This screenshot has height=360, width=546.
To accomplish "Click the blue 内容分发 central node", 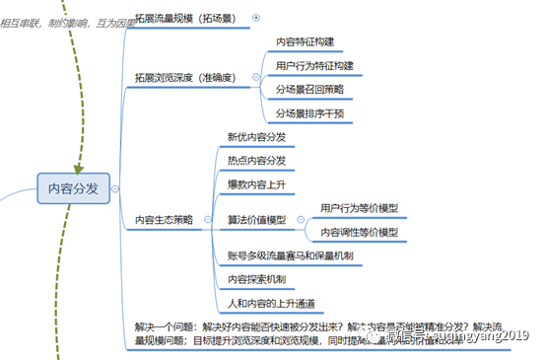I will tap(73, 188).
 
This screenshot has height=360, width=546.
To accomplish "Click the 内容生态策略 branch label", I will tap(167, 220).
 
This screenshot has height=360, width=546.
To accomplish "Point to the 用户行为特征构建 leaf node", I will tap(314, 65).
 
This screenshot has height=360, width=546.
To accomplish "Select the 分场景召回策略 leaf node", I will tap(308, 89).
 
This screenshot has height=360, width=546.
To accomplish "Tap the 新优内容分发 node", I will tap(256, 137).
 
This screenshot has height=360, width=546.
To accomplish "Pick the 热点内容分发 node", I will tap(256, 160).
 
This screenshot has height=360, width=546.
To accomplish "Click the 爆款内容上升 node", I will tap(256, 183).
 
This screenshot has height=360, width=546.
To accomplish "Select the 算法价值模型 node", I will tap(256, 219).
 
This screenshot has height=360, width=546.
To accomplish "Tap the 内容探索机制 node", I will tap(256, 279).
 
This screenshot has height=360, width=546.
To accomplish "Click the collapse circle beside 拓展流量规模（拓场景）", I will tap(257, 17).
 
